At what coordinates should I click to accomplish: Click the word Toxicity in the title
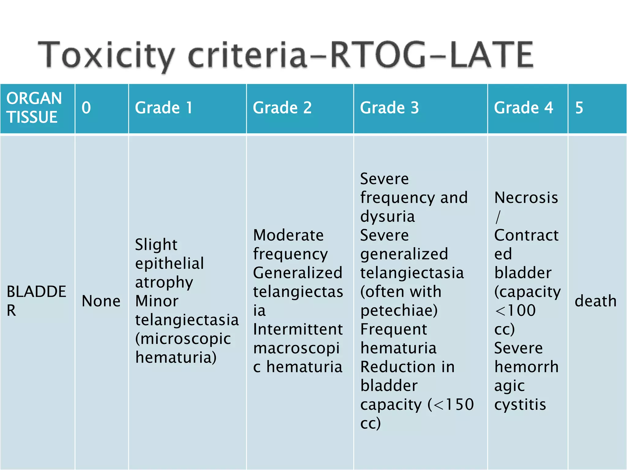[x=106, y=55]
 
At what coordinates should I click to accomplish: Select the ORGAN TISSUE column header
[x=34, y=107]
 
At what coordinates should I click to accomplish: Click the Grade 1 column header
[x=164, y=108]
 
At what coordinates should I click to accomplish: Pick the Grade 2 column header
[x=282, y=108]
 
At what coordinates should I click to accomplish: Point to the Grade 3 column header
[x=389, y=108]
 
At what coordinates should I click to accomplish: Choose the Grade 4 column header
[x=523, y=108]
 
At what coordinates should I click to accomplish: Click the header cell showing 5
[x=579, y=108]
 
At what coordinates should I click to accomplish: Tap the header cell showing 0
[x=86, y=108]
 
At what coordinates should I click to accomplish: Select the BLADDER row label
[x=36, y=300]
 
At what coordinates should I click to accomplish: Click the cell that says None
[x=101, y=301]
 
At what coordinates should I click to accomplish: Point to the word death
[x=595, y=301]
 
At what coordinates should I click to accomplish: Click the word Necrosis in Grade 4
[x=526, y=197]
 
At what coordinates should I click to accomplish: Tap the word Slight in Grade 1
[x=156, y=244]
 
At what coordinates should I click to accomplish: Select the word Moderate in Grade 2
[x=288, y=235]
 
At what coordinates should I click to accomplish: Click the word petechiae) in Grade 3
[x=399, y=310]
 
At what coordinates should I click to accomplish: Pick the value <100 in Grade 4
[x=515, y=310]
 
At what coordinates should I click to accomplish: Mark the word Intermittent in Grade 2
[x=298, y=329]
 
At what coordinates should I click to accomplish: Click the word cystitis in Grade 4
[x=520, y=405]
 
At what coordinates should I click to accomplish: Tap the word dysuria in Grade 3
[x=387, y=216]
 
